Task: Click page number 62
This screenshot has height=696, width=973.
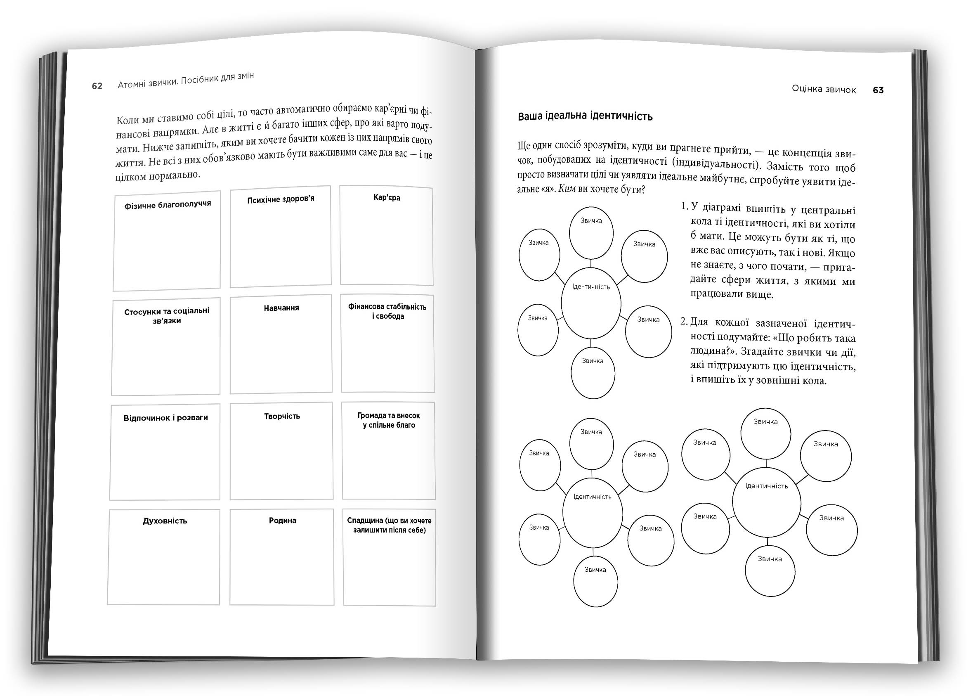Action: point(97,86)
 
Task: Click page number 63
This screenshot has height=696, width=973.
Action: point(878,90)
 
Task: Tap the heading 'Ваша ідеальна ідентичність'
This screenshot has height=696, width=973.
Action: point(585,116)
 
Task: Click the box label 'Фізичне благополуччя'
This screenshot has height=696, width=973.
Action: point(168,204)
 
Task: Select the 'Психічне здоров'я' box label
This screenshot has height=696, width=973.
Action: point(281,199)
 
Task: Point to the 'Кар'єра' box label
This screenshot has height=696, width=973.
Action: point(387,198)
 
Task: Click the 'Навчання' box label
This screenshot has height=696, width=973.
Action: point(281,308)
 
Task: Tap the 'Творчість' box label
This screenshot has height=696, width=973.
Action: point(281,416)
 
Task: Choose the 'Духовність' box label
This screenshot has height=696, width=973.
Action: point(165,521)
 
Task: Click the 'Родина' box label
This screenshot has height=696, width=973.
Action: point(282,520)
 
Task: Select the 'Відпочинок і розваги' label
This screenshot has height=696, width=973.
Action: point(165,417)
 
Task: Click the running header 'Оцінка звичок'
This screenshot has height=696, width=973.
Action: point(824,90)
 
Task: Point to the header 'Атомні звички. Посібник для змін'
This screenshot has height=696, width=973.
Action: point(186,80)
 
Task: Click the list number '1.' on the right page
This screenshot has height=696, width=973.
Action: point(684,206)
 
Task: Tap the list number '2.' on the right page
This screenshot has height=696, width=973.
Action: point(684,322)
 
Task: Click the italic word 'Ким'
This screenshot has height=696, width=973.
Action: point(567,189)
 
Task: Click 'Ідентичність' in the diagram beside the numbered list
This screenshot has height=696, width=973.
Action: point(591,287)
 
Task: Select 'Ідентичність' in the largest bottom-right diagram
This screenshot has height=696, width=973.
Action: point(767,486)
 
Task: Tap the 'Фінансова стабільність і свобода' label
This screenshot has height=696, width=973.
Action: point(387,312)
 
